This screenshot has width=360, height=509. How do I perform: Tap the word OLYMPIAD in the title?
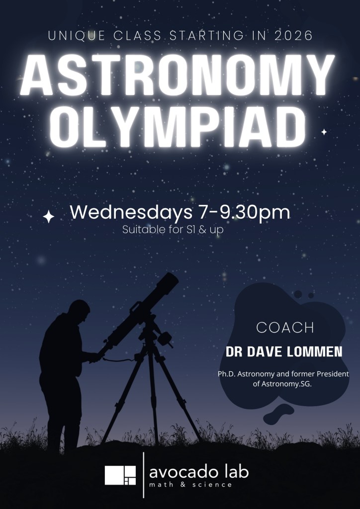[x=178, y=127]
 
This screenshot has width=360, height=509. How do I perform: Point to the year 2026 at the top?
[x=293, y=36]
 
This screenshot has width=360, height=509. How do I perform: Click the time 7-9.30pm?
[x=244, y=213]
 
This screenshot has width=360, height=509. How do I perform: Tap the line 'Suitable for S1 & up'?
[x=173, y=230]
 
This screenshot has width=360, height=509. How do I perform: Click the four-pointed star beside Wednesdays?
[x=49, y=217]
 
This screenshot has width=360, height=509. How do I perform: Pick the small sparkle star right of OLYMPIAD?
[x=324, y=132]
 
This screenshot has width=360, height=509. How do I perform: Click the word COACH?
[x=285, y=328]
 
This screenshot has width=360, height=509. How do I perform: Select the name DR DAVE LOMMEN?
[x=284, y=352]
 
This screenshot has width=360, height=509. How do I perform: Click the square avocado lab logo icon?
[x=120, y=475]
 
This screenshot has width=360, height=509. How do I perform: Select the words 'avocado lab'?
[x=199, y=472]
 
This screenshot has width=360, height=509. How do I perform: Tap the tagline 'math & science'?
[x=190, y=485]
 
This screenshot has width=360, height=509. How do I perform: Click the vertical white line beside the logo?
[x=144, y=475]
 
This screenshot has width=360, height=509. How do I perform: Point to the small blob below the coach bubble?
[x=278, y=414]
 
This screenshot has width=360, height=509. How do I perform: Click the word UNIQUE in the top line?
[x=77, y=36]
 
